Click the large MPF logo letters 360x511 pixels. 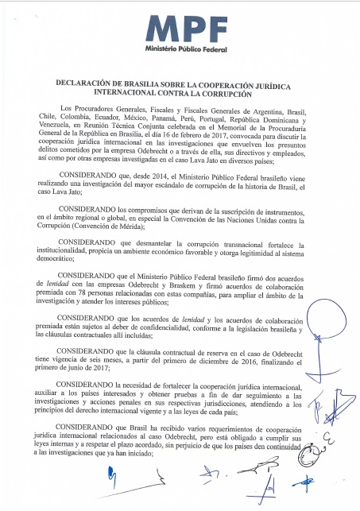[180, 29]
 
